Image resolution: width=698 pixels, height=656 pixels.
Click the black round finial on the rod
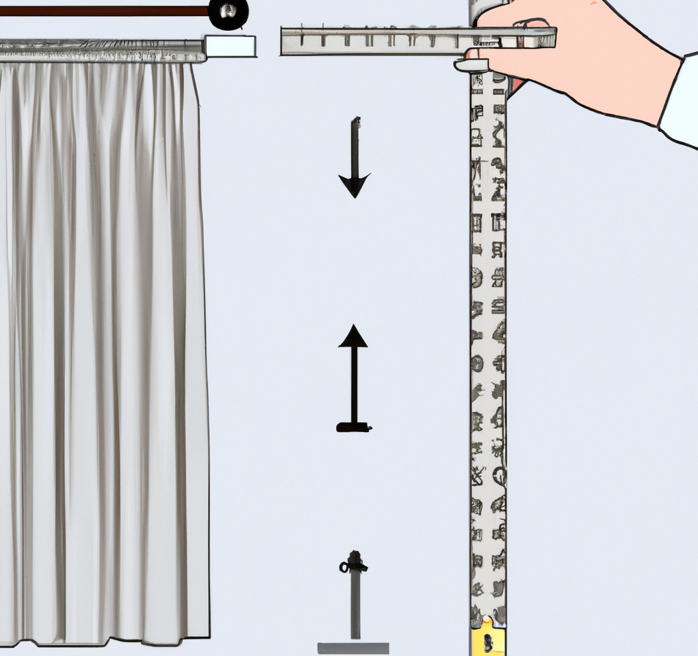(x=228, y=14)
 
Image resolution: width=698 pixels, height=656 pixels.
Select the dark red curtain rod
(x=103, y=11)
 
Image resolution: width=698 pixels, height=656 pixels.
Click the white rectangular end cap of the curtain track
(x=231, y=47)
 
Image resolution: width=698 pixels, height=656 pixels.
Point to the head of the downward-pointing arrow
(x=354, y=185)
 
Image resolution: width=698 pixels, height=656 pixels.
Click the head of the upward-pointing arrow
(x=353, y=336)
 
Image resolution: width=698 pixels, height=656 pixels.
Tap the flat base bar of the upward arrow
(x=354, y=428)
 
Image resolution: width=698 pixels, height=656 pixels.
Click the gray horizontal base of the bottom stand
(x=353, y=648)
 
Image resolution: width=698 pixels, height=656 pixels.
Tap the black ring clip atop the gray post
(x=353, y=566)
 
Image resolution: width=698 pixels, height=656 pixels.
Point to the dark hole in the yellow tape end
(x=487, y=642)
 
